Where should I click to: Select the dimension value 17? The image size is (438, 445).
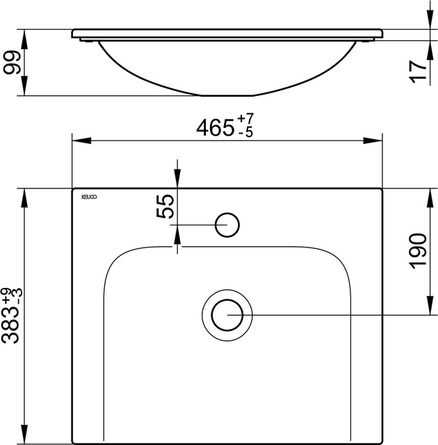pyautogui.click(x=417, y=71)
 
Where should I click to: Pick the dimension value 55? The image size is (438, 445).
pyautogui.click(x=165, y=207)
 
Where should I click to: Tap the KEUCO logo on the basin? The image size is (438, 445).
pyautogui.click(x=88, y=197)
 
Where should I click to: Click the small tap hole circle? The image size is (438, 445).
pyautogui.click(x=227, y=224)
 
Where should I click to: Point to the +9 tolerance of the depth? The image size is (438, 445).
pyautogui.click(x=8, y=296)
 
